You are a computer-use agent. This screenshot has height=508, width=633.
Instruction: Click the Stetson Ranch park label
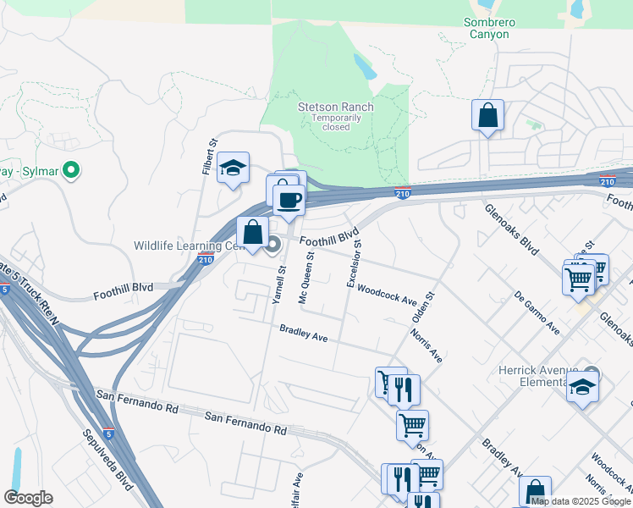(335, 108)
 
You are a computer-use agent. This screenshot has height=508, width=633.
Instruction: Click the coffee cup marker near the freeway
(289, 199)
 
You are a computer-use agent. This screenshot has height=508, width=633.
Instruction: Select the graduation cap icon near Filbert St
(233, 168)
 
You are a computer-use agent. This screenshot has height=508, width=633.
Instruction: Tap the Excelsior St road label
(355, 262)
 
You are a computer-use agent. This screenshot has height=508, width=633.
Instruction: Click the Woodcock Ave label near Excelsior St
(388, 295)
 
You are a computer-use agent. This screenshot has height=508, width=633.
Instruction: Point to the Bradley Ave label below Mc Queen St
(304, 333)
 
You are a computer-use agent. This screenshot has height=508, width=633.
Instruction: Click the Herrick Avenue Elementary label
(543, 376)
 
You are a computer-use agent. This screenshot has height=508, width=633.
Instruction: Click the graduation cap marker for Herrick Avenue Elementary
(582, 388)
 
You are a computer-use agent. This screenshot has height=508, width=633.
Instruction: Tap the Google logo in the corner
(28, 498)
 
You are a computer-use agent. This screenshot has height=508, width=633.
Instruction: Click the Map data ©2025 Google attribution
(581, 501)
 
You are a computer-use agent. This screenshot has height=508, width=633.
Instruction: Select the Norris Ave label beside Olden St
(427, 345)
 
